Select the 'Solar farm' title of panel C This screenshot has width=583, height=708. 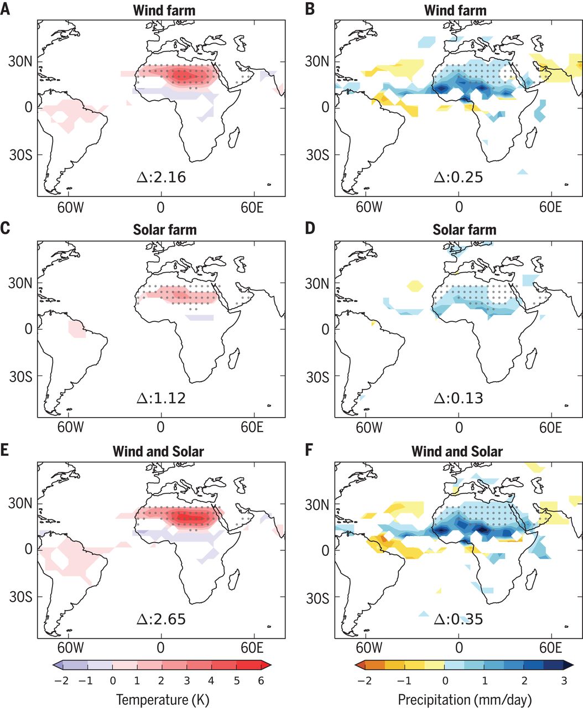tap(165, 230)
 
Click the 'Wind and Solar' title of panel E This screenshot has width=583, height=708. tap(158, 451)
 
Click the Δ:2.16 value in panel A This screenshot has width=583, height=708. tap(161, 178)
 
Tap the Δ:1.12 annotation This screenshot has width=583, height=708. tap(161, 398)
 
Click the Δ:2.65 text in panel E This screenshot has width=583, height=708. tap(161, 618)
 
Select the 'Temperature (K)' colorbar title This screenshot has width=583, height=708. tap(163, 699)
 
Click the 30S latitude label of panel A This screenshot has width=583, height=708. tap(20, 154)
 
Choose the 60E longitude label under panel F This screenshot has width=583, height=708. tap(550, 647)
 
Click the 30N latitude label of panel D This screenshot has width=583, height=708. tap(318, 283)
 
